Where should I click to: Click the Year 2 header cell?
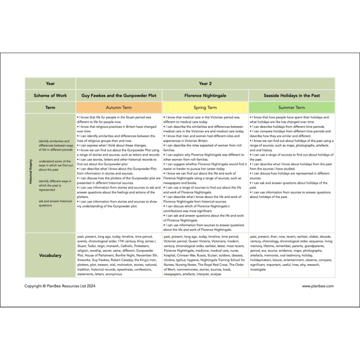pyautogui.click(x=205, y=83)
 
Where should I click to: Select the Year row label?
pyautogui.click(x=50, y=83)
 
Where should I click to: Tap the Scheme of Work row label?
pyautogui.click(x=50, y=95)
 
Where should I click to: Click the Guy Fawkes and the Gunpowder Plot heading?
pyautogui.click(x=119, y=95)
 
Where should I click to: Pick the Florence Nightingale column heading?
pyautogui.click(x=205, y=95)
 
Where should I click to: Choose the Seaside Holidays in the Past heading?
pyautogui.click(x=292, y=95)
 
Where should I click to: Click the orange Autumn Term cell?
pyautogui.click(x=119, y=108)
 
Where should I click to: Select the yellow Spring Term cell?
pyautogui.click(x=205, y=108)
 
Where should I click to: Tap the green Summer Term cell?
pyautogui.click(x=292, y=108)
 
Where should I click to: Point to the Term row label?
pyautogui.click(x=50, y=108)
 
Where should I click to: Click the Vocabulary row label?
pyautogui.click(x=50, y=255)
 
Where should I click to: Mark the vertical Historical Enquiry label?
pyautogui.click(x=31, y=173)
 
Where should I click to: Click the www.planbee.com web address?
pyautogui.click(x=318, y=286)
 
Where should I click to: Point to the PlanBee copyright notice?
pyautogui.click(x=60, y=286)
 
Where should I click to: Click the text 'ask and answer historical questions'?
pyautogui.click(x=55, y=203)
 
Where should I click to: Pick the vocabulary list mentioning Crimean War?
pyautogui.click(x=205, y=255)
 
